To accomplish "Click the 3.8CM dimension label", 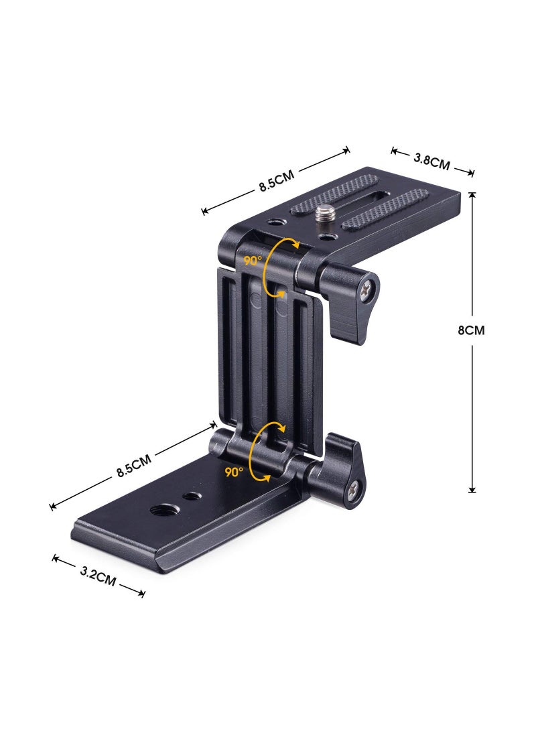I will [x=431, y=161].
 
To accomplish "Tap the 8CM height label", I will [x=471, y=330].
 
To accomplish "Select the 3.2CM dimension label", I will [x=98, y=576].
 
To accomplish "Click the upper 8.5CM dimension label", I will [x=277, y=182].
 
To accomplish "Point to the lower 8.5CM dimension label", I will [x=134, y=465].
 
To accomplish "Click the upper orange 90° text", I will [x=253, y=261].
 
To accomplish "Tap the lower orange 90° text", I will [x=234, y=472].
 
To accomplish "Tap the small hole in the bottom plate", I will [x=193, y=496].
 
